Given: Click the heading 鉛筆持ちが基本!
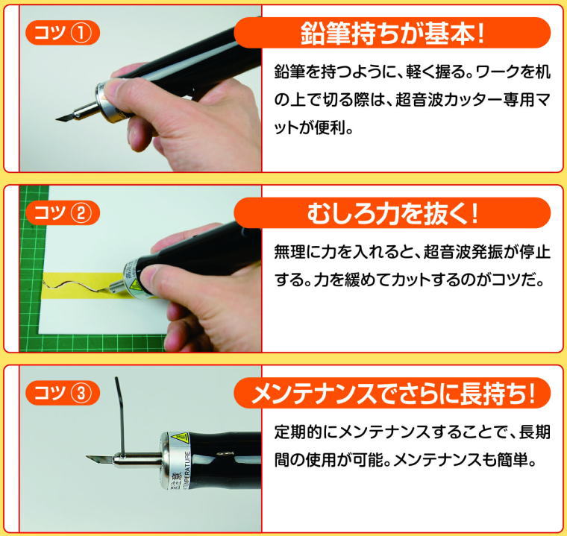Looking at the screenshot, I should click(x=392, y=34).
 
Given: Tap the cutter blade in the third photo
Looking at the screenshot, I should click(x=98, y=458).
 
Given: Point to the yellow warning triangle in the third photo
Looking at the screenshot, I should click(x=179, y=438).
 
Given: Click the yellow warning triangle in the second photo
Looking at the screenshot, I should click(x=136, y=283).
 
